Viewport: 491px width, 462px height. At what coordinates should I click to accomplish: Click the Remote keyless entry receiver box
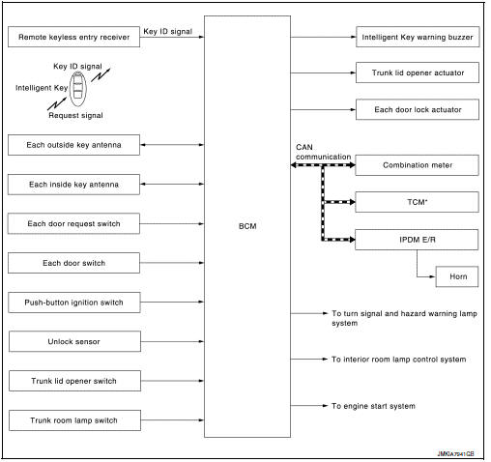(x=72, y=38)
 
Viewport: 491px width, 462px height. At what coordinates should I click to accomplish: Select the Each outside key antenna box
(x=72, y=145)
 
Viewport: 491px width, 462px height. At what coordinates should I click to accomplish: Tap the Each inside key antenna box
(x=72, y=184)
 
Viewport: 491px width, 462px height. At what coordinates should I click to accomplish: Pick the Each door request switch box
(x=72, y=223)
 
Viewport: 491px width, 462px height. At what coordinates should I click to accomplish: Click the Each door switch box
(x=72, y=263)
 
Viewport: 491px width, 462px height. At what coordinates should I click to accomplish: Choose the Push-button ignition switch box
(x=72, y=303)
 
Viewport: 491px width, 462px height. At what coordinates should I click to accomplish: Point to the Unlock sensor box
(x=72, y=341)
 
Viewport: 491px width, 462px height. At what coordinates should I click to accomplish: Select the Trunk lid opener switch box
(x=72, y=381)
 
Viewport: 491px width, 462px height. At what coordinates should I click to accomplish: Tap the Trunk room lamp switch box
(x=72, y=419)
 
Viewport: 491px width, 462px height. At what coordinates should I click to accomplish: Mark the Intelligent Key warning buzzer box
(x=418, y=38)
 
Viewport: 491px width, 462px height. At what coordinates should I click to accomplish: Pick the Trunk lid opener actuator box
(x=418, y=72)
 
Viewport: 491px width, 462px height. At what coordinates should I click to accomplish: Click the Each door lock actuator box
(x=418, y=109)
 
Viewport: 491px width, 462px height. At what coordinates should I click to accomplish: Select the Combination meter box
(x=418, y=165)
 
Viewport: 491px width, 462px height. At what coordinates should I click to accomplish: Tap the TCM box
(x=418, y=202)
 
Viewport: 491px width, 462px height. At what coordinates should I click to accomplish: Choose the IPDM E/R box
(x=418, y=239)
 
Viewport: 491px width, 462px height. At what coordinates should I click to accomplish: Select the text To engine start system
(x=373, y=406)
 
